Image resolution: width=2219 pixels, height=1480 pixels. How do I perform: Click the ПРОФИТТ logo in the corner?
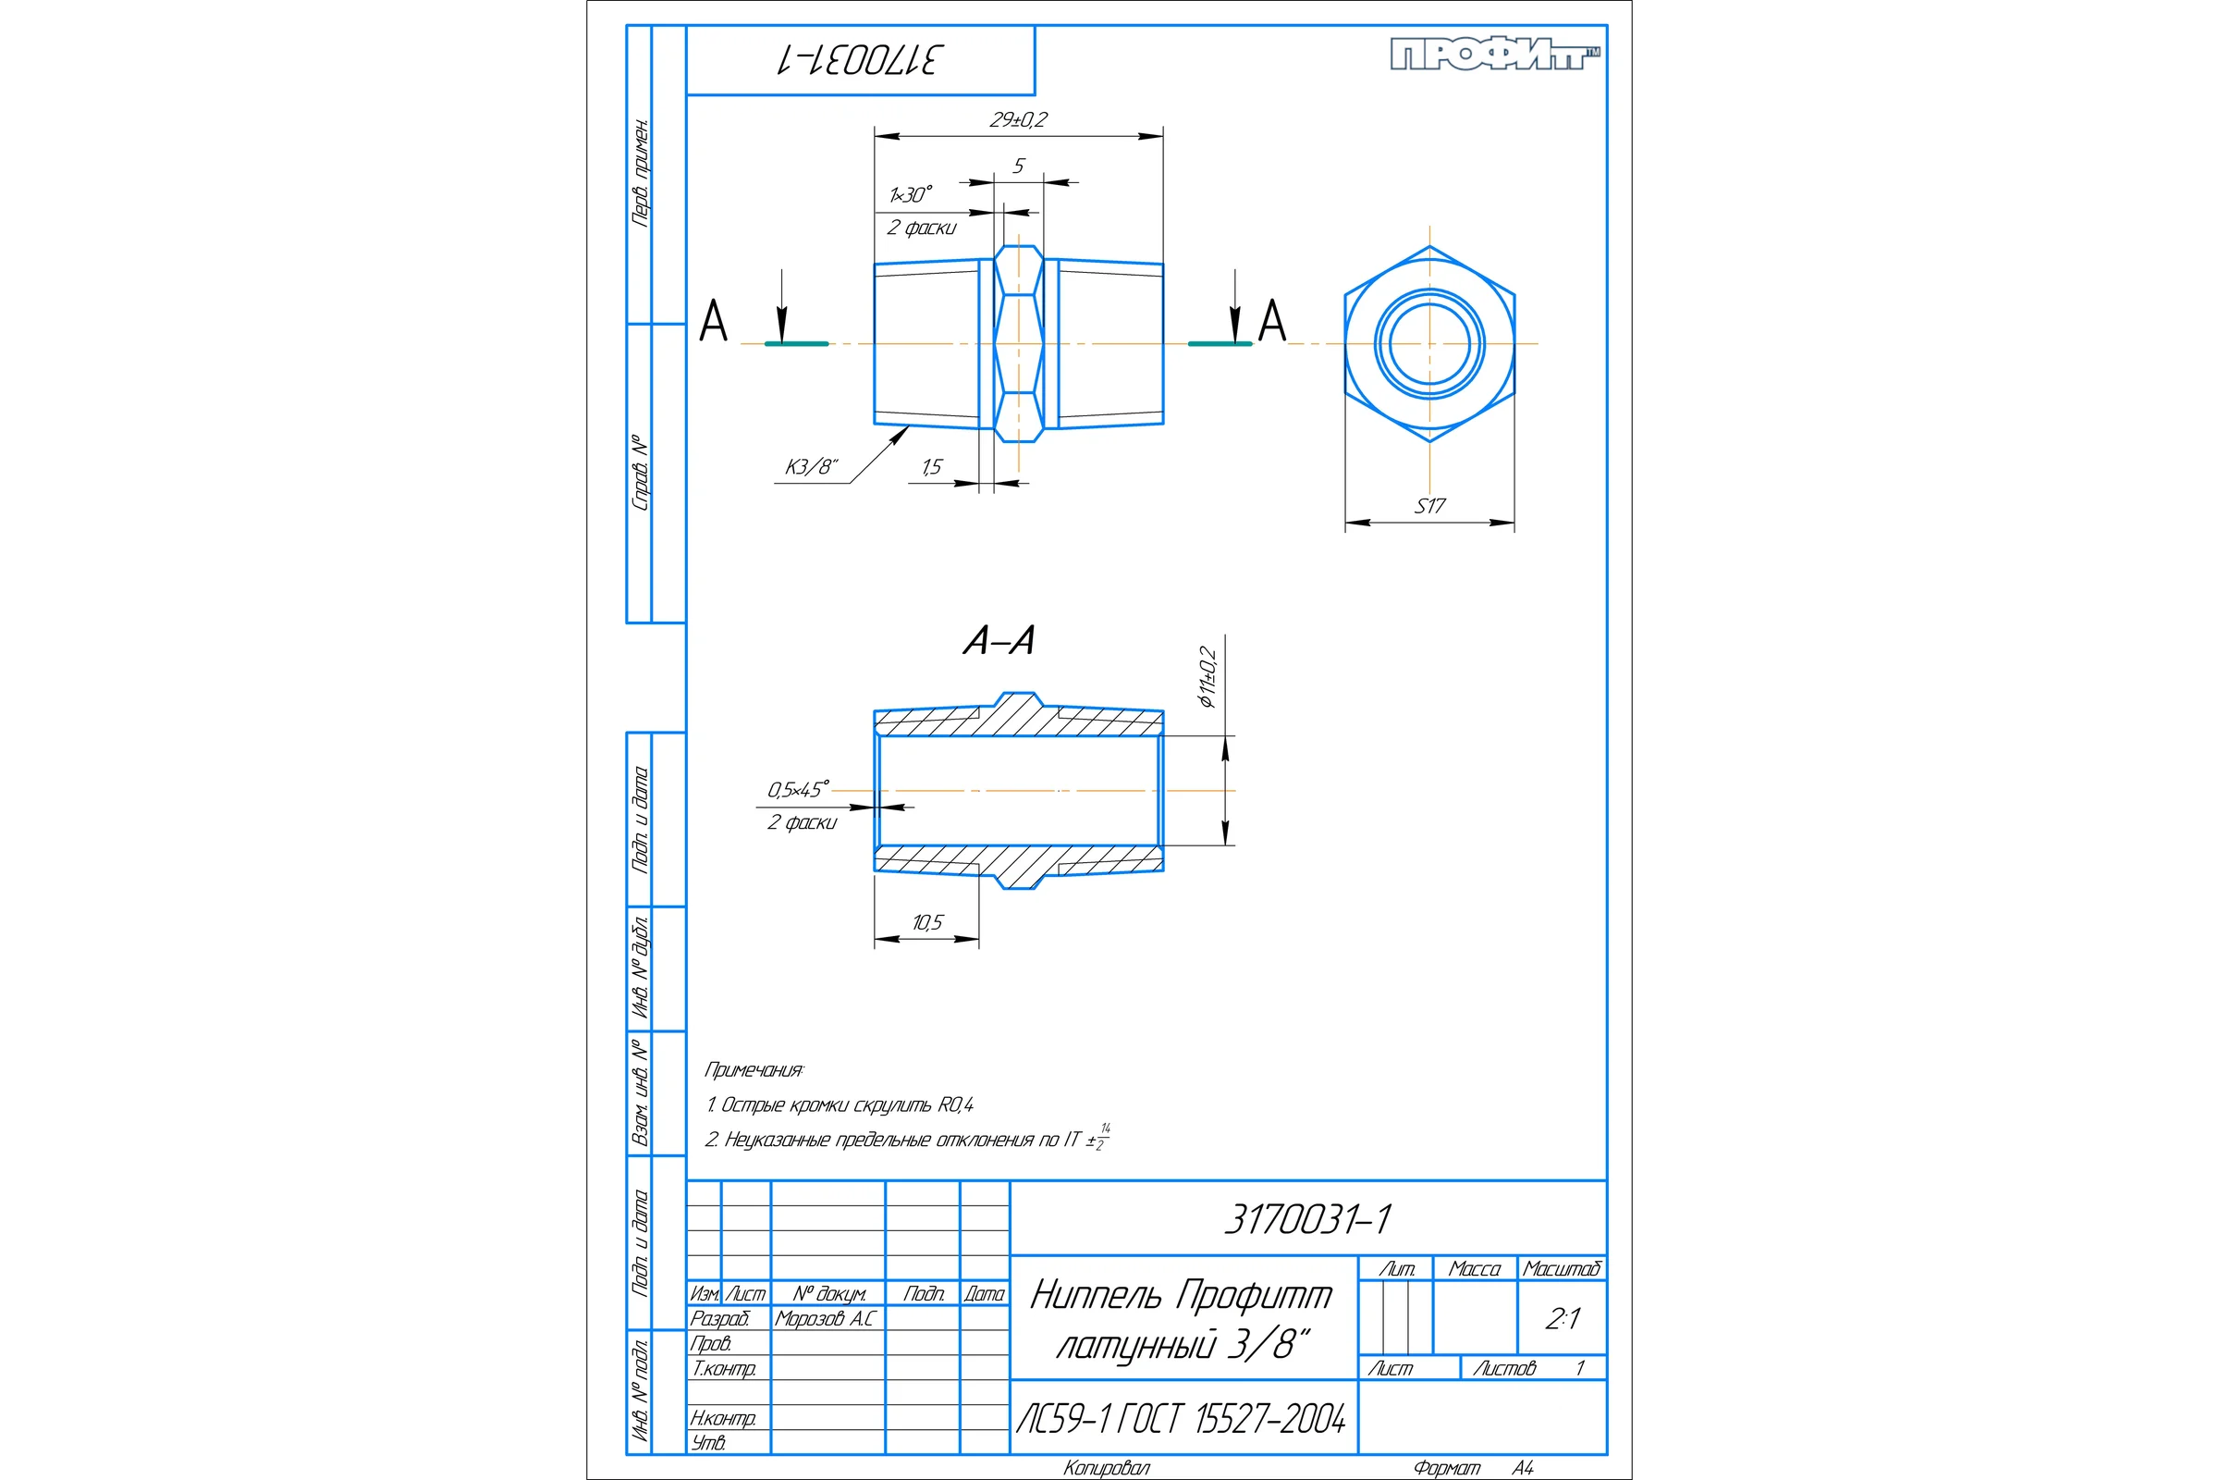click(1495, 55)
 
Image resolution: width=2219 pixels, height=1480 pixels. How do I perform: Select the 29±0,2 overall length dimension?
click(1018, 120)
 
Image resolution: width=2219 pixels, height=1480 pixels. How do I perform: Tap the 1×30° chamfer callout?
click(911, 194)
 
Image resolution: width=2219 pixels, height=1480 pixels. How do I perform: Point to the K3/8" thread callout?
click(812, 467)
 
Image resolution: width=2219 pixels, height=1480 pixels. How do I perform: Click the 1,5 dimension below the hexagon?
click(932, 467)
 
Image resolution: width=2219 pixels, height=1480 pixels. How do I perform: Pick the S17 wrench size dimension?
click(1429, 506)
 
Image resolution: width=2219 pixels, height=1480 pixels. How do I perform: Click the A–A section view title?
click(999, 641)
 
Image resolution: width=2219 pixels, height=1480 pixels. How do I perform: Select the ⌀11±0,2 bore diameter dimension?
click(1208, 677)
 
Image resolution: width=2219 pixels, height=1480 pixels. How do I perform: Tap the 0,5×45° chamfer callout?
click(798, 789)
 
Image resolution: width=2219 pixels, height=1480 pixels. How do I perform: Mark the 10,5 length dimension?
click(927, 923)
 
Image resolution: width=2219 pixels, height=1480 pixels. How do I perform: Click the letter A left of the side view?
click(713, 321)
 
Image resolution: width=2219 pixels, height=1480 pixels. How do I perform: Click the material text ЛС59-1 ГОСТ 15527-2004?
click(1182, 1419)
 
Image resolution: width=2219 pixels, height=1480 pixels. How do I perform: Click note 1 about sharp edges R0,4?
click(840, 1104)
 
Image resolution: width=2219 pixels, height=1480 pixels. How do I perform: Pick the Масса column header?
click(1475, 1268)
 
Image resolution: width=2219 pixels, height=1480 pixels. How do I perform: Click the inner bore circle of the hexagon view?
click(1391, 343)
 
